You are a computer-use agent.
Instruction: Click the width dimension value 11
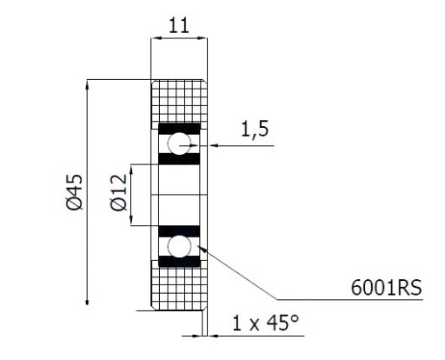click(x=179, y=25)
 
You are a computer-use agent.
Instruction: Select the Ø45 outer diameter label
click(x=75, y=192)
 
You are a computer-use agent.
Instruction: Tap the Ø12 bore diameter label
click(x=119, y=192)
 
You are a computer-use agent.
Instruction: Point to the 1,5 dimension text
click(x=255, y=130)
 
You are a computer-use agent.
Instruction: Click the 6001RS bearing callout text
click(x=387, y=288)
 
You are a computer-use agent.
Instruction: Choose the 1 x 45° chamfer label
click(x=265, y=323)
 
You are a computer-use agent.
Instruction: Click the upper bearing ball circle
click(x=179, y=143)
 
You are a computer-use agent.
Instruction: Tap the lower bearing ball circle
click(x=179, y=246)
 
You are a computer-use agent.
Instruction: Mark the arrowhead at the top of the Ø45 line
click(x=87, y=83)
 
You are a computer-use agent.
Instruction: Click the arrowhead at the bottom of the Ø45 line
click(x=87, y=301)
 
